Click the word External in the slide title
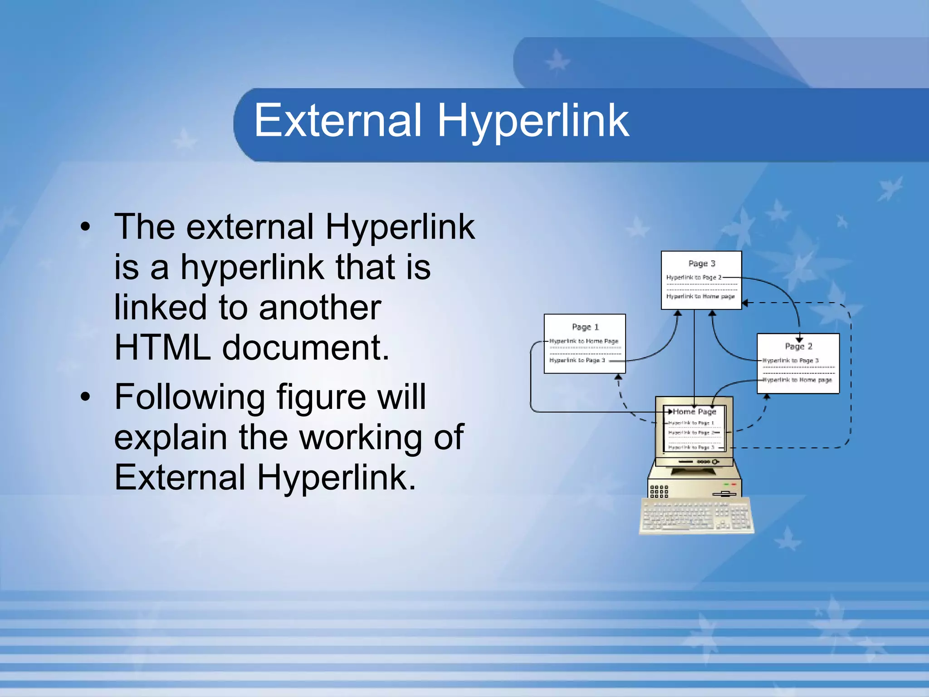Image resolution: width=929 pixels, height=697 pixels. pos(338,120)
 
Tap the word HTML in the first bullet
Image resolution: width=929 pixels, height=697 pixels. pos(162,348)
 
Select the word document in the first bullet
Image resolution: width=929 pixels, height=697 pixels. pos(305,348)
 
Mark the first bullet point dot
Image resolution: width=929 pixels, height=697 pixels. pos(85,227)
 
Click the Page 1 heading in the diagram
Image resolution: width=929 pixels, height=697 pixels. pos(585,327)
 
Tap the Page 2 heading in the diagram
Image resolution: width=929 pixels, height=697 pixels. pos(798,346)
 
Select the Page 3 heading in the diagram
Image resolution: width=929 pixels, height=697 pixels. pos(702,264)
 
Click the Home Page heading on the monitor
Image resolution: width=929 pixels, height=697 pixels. pos(694,412)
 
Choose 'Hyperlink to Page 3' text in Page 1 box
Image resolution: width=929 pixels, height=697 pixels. pos(577,360)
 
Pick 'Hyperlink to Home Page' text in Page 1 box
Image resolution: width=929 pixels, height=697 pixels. pos(584,341)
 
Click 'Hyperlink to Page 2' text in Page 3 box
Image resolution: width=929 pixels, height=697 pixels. pos(694,277)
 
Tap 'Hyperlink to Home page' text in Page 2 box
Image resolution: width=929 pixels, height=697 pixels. pos(798,380)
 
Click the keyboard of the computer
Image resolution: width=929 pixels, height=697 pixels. pos(696,516)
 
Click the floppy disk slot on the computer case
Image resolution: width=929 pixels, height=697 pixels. pos(724,494)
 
